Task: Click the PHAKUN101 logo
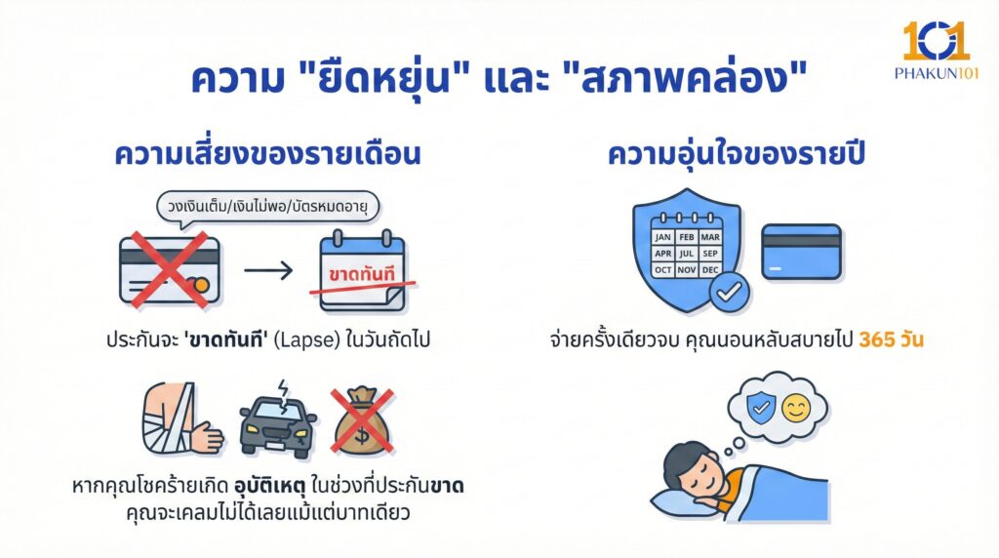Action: tap(934, 51)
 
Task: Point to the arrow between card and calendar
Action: tap(267, 269)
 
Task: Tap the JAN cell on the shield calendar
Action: tap(663, 237)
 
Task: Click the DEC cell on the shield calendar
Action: tap(710, 269)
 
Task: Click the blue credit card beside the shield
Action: tap(801, 252)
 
